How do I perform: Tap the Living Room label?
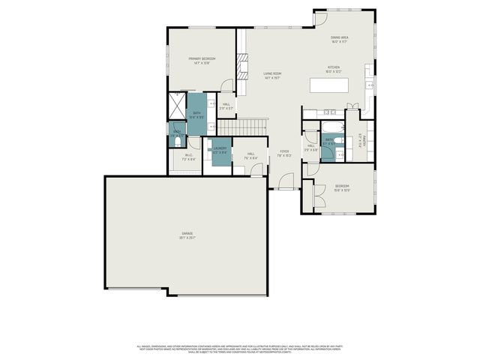[271, 75]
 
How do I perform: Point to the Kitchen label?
[334, 69]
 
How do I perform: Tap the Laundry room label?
[220, 150]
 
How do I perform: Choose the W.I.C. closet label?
[188, 157]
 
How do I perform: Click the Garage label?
[187, 235]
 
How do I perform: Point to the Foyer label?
[285, 153]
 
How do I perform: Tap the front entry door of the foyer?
[286, 181]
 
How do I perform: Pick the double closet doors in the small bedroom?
[317, 195]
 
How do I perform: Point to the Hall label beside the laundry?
[250, 156]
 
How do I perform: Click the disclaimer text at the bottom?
[240, 349]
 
